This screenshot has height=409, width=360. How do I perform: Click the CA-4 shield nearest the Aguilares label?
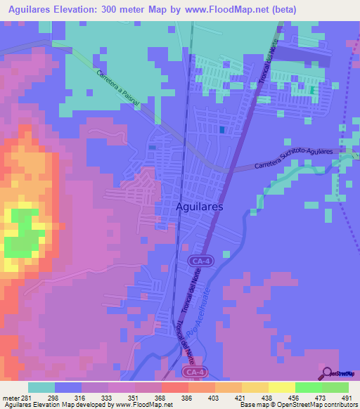[199, 261]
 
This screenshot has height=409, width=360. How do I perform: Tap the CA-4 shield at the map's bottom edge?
[193, 371]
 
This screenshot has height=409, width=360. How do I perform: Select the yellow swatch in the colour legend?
[281, 387]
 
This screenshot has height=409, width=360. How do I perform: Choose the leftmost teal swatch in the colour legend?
[41, 387]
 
